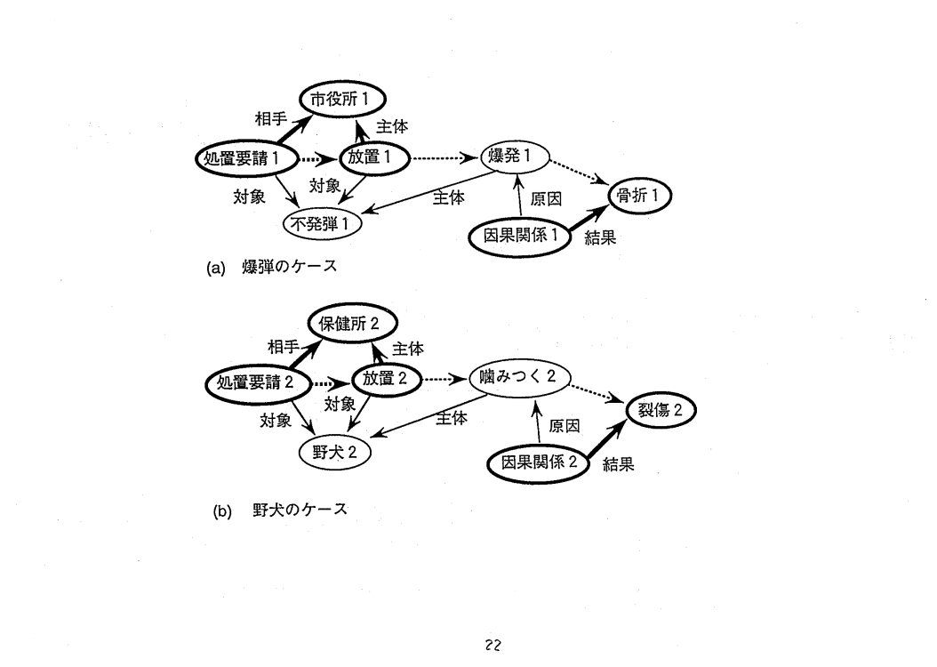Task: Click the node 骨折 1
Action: (x=639, y=195)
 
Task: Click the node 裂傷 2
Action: (x=660, y=410)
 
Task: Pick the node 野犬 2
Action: (x=334, y=451)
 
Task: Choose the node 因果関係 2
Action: (x=541, y=462)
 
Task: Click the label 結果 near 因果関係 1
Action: (x=600, y=237)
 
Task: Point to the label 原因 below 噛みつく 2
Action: (x=565, y=426)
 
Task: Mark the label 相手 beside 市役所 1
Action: (x=272, y=118)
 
